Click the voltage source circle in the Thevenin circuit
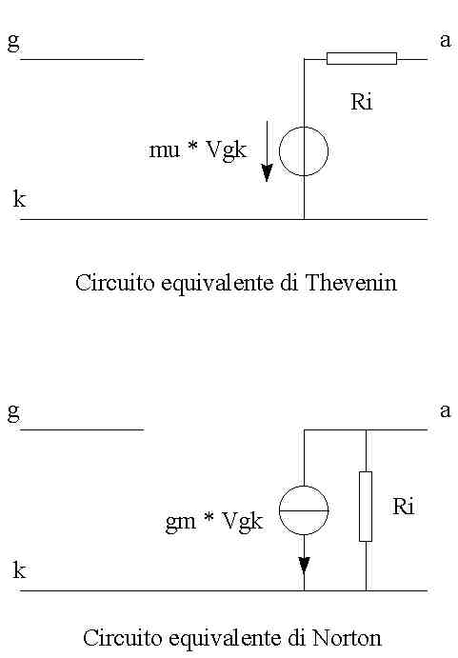pyautogui.click(x=280, y=151)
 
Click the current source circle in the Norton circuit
pyautogui.click(x=280, y=510)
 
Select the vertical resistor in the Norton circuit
pyautogui.click(x=366, y=506)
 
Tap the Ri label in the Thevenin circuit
pyautogui.click(x=362, y=102)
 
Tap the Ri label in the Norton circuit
pyautogui.click(x=404, y=507)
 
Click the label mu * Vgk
pyautogui.click(x=197, y=150)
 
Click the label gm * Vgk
pyautogui.click(x=214, y=522)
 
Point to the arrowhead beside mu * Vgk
pyautogui.click(x=267, y=173)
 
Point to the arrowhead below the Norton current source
pyautogui.click(x=304, y=566)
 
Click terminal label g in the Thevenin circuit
pyautogui.click(x=13, y=41)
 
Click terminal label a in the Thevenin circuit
pyautogui.click(x=446, y=41)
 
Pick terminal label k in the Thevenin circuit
pyautogui.click(x=20, y=199)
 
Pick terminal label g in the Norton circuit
pyautogui.click(x=13, y=412)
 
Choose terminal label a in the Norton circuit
pyautogui.click(x=446, y=410)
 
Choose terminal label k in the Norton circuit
pyautogui.click(x=20, y=570)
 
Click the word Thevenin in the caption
pyautogui.click(x=351, y=283)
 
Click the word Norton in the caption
pyautogui.click(x=347, y=638)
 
